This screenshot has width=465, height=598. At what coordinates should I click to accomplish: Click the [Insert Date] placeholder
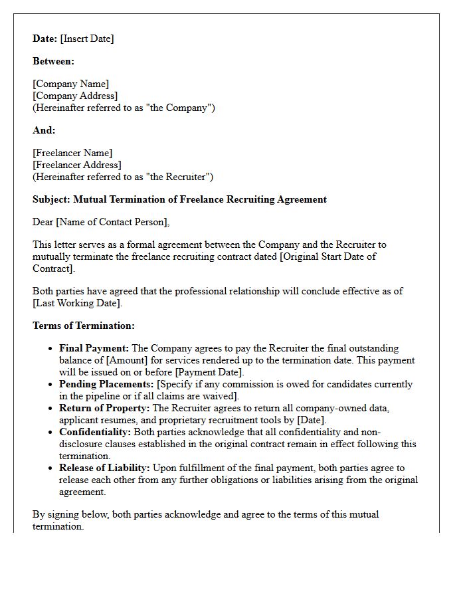pyautogui.click(x=87, y=39)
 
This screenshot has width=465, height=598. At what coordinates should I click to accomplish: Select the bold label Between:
pyautogui.click(x=53, y=61)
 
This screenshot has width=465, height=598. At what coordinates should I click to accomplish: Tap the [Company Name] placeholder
pyautogui.click(x=71, y=84)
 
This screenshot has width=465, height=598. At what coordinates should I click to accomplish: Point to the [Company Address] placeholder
pyautogui.click(x=75, y=96)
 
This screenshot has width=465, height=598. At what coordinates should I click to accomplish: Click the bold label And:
pyautogui.click(x=44, y=130)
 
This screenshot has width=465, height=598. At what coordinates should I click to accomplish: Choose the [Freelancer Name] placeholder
pyautogui.click(x=72, y=153)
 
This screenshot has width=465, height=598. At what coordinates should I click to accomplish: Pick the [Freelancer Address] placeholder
pyautogui.click(x=77, y=165)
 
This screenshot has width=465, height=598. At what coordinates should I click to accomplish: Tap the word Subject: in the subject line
pyautogui.click(x=52, y=199)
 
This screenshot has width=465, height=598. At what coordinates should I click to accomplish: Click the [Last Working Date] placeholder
pyautogui.click(x=78, y=303)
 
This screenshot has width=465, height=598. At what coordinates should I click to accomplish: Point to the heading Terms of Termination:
pyautogui.click(x=84, y=326)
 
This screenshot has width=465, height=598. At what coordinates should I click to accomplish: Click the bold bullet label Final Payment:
pyautogui.click(x=94, y=348)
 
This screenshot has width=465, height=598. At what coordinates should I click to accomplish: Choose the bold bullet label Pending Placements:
pyautogui.click(x=106, y=384)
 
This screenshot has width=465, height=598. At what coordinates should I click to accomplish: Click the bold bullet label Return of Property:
pyautogui.click(x=104, y=408)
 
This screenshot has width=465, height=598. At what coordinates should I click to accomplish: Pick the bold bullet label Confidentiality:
pyautogui.click(x=96, y=432)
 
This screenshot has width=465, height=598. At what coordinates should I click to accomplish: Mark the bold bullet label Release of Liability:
pyautogui.click(x=105, y=468)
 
